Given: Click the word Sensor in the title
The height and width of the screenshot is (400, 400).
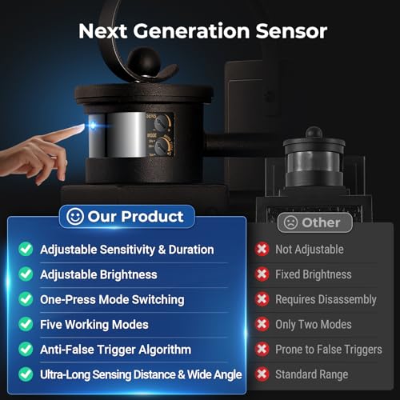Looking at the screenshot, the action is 291,31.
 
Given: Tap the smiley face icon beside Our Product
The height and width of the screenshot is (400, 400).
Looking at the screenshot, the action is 75,216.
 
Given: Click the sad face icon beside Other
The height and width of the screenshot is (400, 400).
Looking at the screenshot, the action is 290,222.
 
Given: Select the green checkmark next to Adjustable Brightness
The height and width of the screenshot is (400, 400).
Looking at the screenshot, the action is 26,274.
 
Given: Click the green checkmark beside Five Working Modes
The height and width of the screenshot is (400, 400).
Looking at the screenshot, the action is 26,324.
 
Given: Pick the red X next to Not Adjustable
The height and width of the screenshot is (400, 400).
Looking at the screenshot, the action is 262,249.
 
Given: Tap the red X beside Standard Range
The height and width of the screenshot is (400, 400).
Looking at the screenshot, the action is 262,374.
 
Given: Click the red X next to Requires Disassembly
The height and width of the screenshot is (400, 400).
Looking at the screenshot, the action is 262,299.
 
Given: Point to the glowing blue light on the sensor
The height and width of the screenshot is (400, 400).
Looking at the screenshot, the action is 93,125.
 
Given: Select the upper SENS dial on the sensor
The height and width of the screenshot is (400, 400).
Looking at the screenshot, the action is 162,122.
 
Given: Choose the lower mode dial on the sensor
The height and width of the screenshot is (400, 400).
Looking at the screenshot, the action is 162,146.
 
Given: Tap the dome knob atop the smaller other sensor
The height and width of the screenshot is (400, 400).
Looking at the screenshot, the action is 314,133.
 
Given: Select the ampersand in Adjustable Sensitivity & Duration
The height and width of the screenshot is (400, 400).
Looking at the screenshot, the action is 162,250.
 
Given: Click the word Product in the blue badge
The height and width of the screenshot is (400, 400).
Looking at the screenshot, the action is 152,216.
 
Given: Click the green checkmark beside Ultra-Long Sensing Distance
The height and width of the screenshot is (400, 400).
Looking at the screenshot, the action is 26,374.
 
